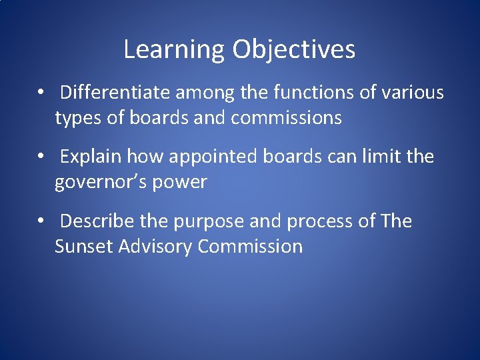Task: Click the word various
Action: (x=413, y=93)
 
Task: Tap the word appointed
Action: (x=211, y=157)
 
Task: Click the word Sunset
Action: (x=84, y=246)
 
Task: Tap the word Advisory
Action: (x=155, y=246)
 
